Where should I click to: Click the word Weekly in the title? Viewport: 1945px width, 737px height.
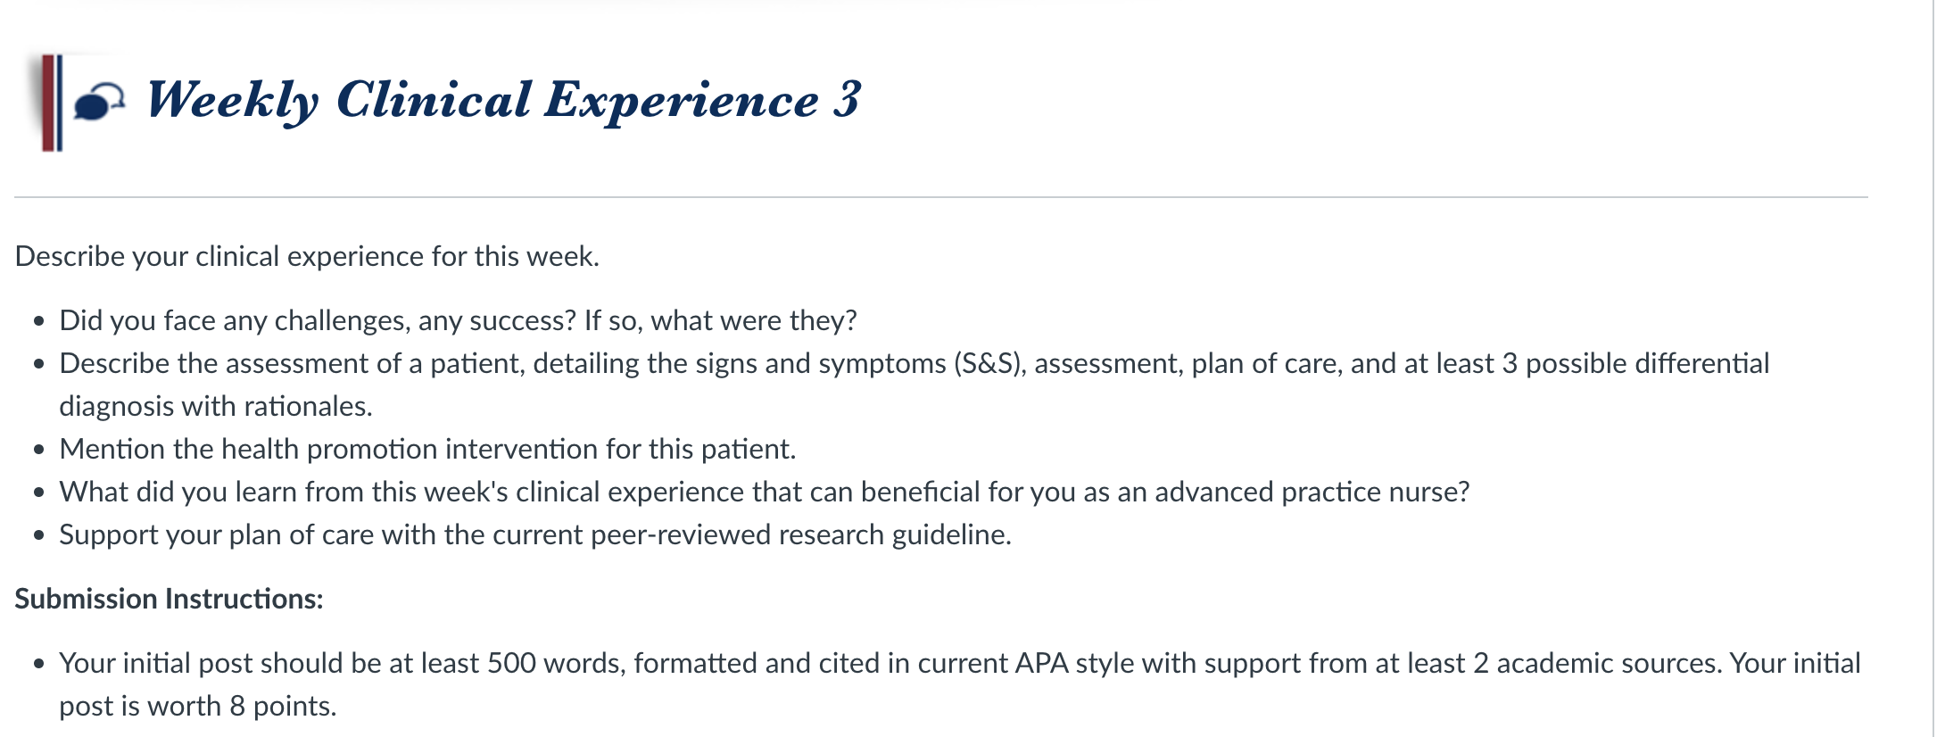point(232,100)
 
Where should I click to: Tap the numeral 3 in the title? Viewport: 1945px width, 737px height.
point(848,98)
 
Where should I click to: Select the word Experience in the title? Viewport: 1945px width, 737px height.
point(682,100)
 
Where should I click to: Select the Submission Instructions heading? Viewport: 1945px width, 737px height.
point(169,599)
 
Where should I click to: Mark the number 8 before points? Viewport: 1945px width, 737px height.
point(237,707)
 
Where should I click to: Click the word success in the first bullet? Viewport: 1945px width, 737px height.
point(523,321)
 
